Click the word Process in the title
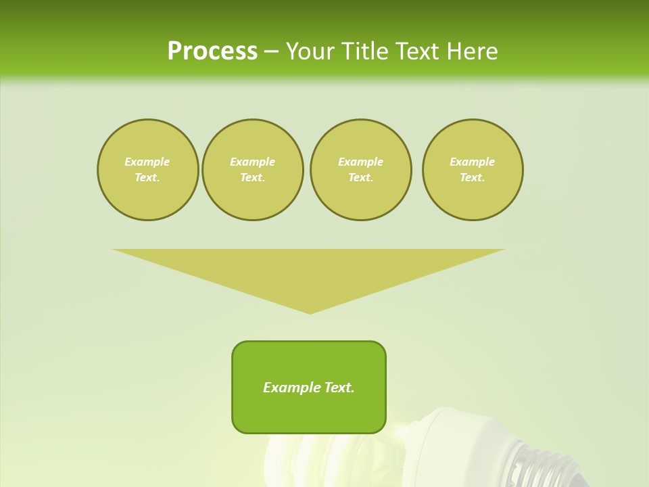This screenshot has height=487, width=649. pos(212,51)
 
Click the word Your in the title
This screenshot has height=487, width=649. pos(311,51)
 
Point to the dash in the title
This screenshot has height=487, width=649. pos(271,52)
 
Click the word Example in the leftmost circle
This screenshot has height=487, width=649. pos(147,162)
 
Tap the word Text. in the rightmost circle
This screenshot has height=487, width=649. pos(473,177)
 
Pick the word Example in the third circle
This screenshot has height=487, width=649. pos(360,162)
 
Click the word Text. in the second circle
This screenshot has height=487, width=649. pos(252,177)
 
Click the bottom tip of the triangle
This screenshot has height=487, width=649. pos(310,312)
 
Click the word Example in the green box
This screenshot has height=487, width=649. pos(292,388)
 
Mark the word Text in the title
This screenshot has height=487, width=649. pos(414,51)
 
